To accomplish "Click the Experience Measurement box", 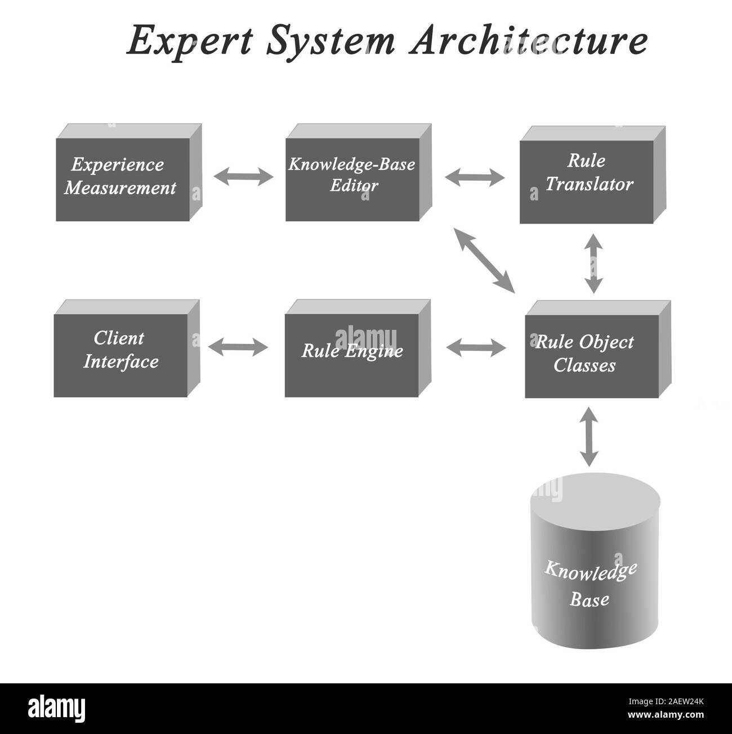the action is (129, 172).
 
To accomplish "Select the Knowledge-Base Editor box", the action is (359, 172).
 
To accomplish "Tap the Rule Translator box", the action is (592, 174).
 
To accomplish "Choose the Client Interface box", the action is (127, 348).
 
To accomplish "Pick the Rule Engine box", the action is (358, 348).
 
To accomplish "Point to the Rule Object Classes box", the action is (598, 350).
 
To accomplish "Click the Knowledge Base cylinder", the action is (595, 561).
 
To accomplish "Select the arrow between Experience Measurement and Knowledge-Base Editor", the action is (243, 176).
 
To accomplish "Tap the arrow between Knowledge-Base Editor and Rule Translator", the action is (475, 177).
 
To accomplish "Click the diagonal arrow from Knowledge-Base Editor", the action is (484, 261).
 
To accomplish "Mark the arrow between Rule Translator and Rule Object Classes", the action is (593, 263).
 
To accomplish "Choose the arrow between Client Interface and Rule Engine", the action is (238, 347).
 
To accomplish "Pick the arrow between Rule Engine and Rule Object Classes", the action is (476, 347).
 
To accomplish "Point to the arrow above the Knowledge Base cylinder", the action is (589, 436).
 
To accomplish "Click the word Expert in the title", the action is (190, 41).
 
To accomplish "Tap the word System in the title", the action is (331, 41).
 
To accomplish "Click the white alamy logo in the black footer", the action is (57, 709).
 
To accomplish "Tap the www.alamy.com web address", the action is (666, 714).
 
